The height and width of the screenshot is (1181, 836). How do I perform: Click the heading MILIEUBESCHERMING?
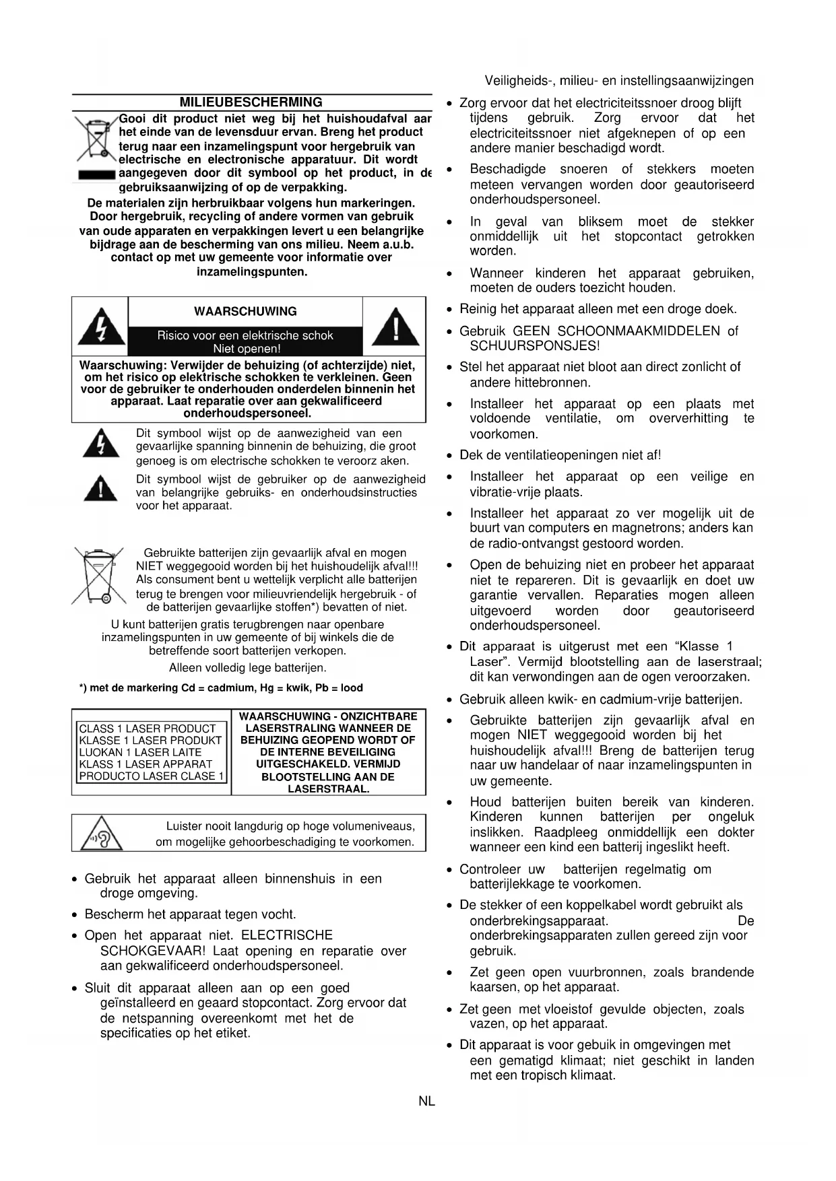251,102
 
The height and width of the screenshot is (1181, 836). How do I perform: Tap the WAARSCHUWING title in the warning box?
245,312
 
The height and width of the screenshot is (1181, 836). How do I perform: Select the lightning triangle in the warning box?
100,327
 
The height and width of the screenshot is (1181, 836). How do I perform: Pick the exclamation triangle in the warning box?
395,327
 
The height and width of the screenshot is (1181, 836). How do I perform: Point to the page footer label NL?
426,1102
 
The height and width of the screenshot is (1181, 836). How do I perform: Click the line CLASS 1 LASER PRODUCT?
147,729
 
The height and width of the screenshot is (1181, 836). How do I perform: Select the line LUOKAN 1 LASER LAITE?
140,752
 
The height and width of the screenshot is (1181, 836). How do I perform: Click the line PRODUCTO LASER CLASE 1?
152,776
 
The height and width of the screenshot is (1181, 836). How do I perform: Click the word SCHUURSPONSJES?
534,346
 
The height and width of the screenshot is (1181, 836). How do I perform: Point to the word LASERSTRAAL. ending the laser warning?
328,788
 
